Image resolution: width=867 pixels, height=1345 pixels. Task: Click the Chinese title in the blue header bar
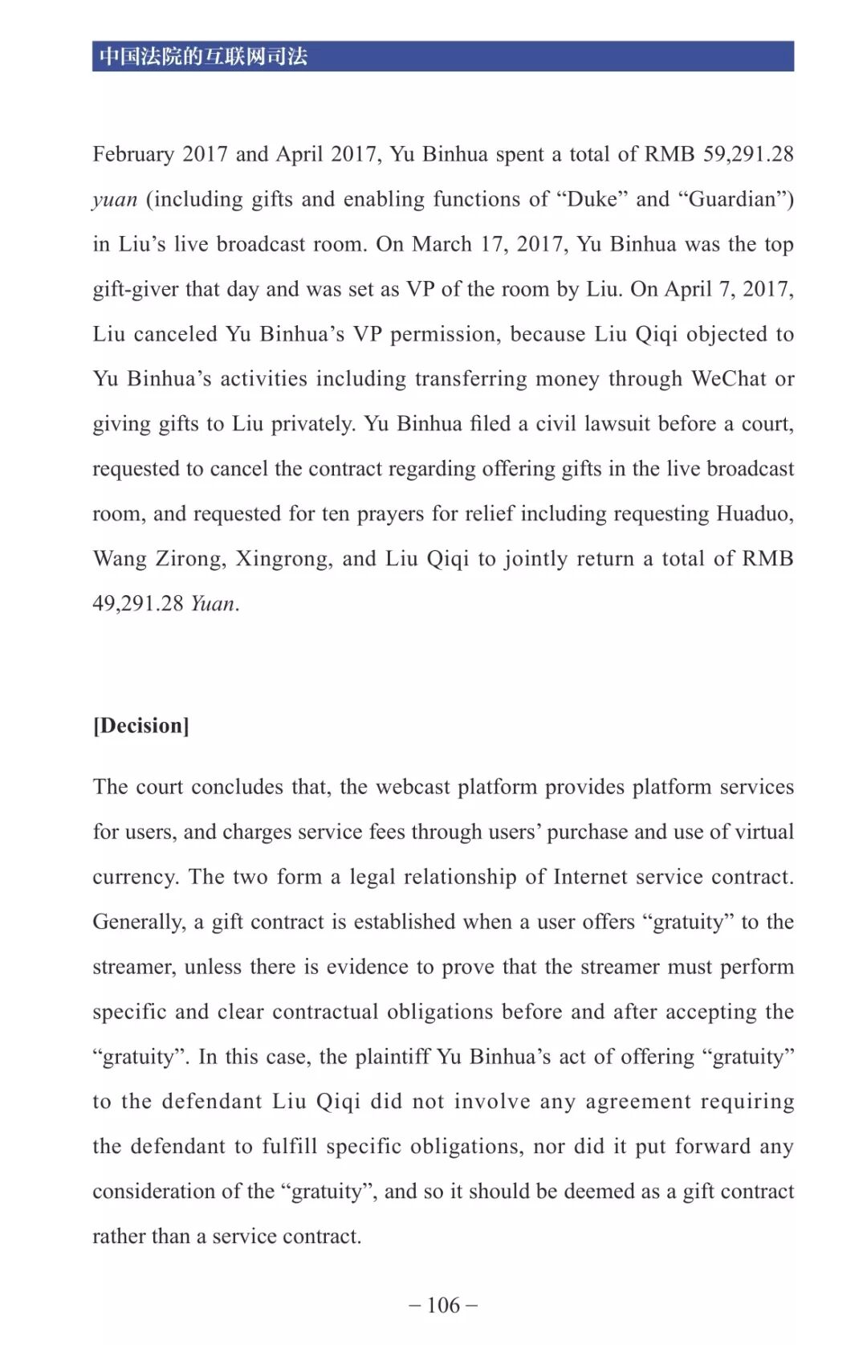203,56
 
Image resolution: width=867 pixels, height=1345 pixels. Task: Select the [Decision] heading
141,726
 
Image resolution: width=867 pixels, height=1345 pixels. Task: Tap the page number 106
443,1305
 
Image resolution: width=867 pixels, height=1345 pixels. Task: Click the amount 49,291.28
138,604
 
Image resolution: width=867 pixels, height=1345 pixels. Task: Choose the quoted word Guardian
733,199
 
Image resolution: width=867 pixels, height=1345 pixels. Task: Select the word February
133,154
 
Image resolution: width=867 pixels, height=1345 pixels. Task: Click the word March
442,244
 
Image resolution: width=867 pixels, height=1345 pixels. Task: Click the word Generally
138,922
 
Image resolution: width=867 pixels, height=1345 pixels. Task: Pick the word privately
313,424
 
